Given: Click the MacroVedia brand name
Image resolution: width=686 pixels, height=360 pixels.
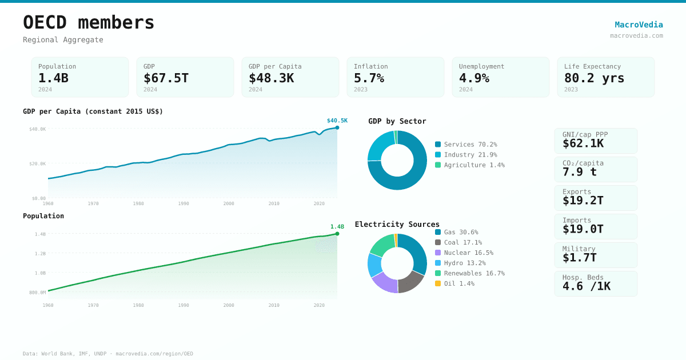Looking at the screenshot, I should pos(639,25).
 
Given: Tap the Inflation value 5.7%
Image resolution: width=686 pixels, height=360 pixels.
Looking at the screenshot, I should pos(369,78).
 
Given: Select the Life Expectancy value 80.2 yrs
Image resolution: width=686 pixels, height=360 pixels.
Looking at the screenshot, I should pos(594,78).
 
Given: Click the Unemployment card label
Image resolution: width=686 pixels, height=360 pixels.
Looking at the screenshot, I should pos(481,66).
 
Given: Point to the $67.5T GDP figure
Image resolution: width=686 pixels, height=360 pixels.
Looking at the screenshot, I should pos(166,78).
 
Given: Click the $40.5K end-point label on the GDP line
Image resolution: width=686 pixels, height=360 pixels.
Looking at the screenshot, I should pos(337,121).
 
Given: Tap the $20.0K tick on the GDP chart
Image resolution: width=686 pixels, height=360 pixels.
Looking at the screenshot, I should pos(38,164).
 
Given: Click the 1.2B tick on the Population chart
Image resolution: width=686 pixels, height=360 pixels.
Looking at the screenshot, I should pos(40,254).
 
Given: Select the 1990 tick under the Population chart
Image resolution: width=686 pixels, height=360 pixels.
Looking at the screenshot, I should pos(183,305).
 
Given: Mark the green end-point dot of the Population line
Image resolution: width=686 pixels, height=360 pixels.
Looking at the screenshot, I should pos(337,234).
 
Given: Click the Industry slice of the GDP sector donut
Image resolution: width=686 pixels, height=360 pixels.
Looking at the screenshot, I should pos(379,146).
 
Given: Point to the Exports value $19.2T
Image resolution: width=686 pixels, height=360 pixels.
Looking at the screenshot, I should pos(583,201).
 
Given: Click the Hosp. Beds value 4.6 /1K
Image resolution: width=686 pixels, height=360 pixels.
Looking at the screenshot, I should pos(586,286).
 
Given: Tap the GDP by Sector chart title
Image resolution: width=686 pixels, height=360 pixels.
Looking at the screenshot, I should pos(397,121).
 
